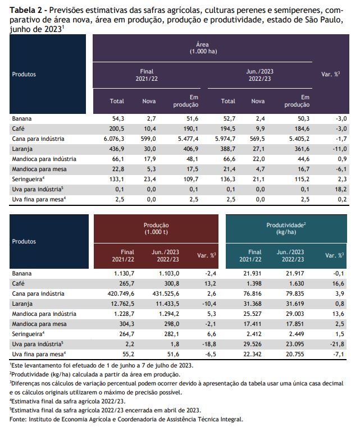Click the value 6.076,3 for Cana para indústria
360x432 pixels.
(x=114, y=139)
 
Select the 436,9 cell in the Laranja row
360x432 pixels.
(x=117, y=149)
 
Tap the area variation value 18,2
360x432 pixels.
(x=341, y=189)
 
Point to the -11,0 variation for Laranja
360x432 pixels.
(x=340, y=149)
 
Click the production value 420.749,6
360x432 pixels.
(x=121, y=293)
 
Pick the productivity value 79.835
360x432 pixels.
(x=295, y=293)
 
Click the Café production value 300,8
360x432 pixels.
(x=172, y=283)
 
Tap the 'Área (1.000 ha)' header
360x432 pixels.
(x=203, y=48)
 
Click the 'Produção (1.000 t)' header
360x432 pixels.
(x=156, y=228)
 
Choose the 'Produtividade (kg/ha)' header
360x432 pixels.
(x=286, y=228)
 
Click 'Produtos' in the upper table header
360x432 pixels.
(x=24, y=74)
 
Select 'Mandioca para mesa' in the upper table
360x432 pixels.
(x=39, y=169)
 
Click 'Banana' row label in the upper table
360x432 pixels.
(x=22, y=119)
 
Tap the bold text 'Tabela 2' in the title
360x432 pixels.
(x=26, y=11)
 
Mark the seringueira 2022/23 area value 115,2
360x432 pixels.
(x=302, y=180)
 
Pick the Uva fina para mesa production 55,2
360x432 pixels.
(x=128, y=355)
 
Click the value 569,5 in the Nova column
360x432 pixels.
(x=257, y=139)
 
